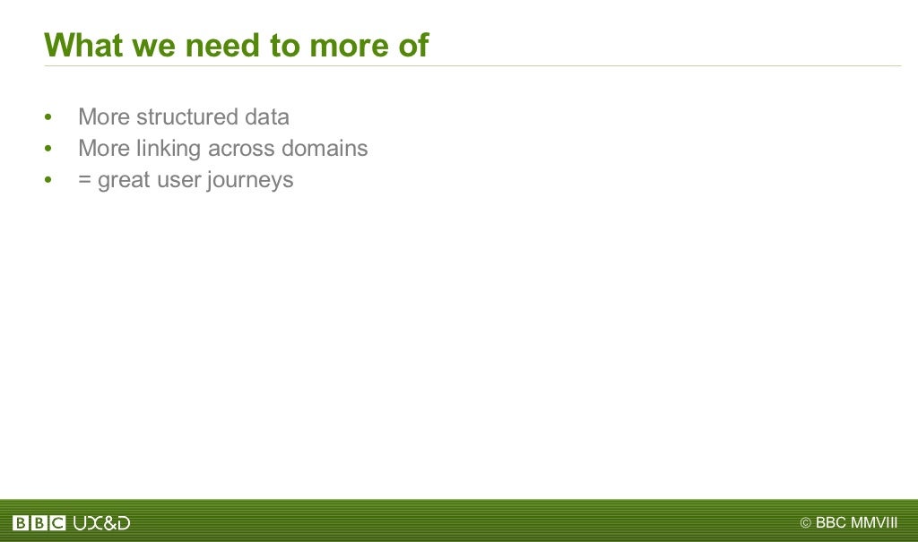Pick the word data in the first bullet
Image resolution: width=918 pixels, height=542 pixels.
(266, 117)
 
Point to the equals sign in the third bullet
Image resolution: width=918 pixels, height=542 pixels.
(85, 180)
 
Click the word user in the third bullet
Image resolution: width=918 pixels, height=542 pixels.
(179, 180)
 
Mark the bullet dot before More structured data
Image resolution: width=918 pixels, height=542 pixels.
(48, 118)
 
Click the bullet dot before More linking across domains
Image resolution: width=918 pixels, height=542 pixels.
(48, 150)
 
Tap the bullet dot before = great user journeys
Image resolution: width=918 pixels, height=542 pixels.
(48, 181)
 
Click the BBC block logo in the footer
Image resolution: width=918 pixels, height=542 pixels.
(39, 523)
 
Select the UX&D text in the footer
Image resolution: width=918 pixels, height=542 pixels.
(101, 523)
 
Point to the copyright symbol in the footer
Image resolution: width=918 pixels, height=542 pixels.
(805, 523)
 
